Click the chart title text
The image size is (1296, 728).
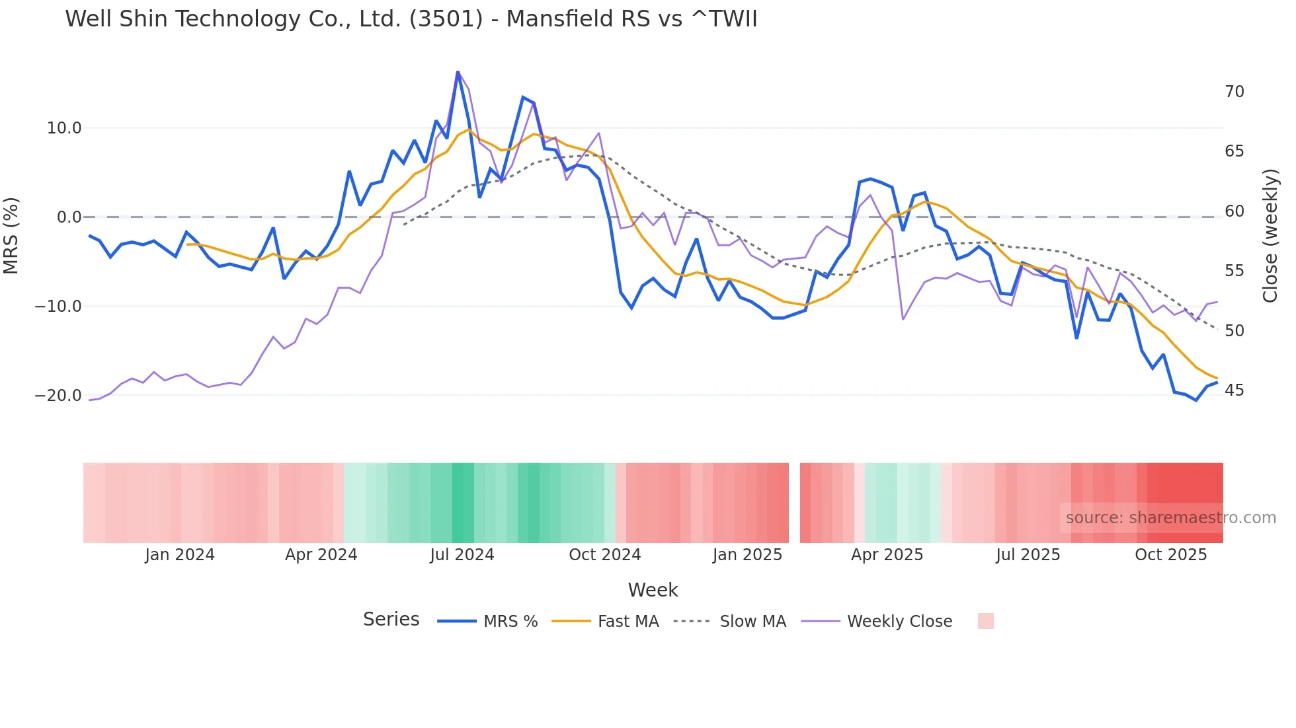[411, 19]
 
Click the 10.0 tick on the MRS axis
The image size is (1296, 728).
[64, 128]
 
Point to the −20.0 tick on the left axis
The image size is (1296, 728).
[58, 396]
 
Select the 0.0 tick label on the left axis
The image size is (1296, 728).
[69, 217]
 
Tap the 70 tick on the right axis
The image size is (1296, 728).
[1234, 92]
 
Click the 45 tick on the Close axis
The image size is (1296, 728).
[1234, 390]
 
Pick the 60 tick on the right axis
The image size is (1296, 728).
[1234, 211]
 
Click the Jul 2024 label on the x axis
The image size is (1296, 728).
[462, 555]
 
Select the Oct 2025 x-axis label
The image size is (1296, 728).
[1170, 555]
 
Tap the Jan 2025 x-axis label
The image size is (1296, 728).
[747, 555]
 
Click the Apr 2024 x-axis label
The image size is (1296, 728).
[321, 555]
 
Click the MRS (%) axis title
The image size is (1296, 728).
[11, 236]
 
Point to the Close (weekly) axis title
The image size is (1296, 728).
[1270, 236]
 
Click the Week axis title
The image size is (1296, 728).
[653, 590]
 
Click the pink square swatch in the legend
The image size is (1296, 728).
[985, 621]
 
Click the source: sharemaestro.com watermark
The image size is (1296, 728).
[1170, 518]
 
